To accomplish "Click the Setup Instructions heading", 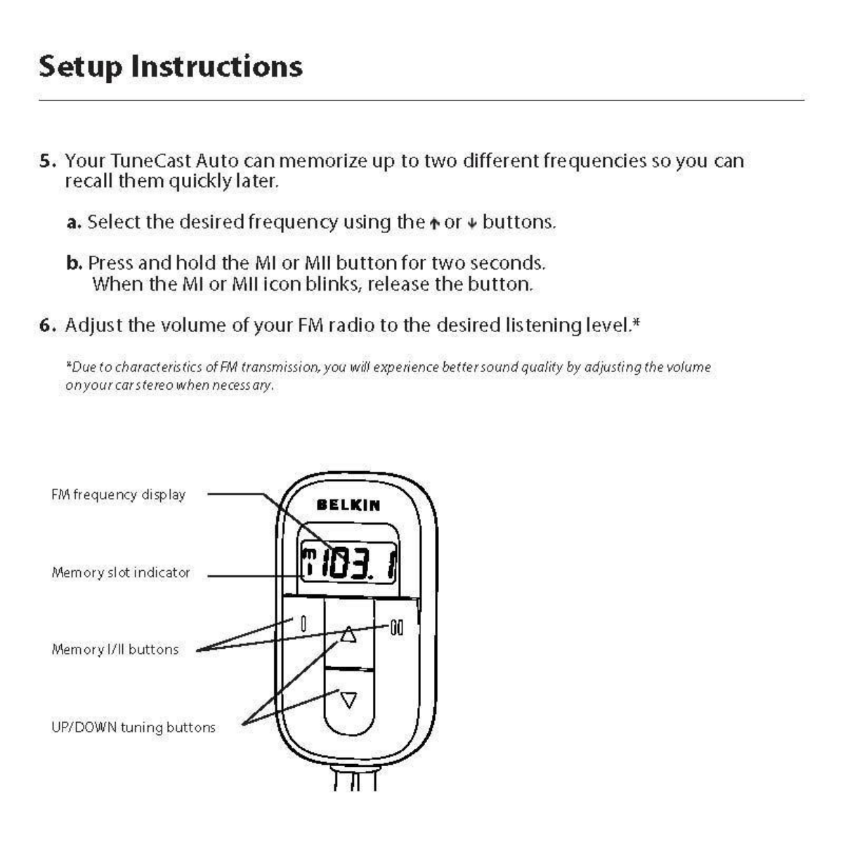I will pyautogui.click(x=171, y=67).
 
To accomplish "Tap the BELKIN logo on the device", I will pyautogui.click(x=348, y=505).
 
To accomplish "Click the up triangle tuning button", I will pyautogui.click(x=348, y=636).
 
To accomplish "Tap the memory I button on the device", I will pyautogui.click(x=303, y=624).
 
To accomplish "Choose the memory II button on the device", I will pyautogui.click(x=397, y=627).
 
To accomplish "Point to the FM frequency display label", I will pyautogui.click(x=119, y=495).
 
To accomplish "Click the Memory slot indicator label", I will pyautogui.click(x=121, y=572).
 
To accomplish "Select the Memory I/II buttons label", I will pyautogui.click(x=115, y=650).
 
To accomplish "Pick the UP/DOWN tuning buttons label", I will pyautogui.click(x=133, y=728).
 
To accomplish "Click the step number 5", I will pyautogui.click(x=46, y=162).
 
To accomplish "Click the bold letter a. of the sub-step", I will pyautogui.click(x=74, y=223).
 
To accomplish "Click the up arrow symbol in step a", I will pyautogui.click(x=434, y=224).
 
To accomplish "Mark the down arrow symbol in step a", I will pyautogui.click(x=472, y=224).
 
